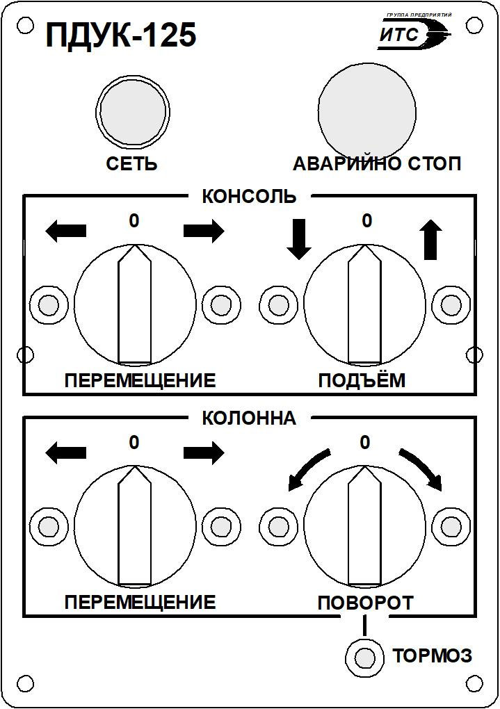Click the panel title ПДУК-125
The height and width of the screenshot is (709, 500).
pyautogui.click(x=121, y=35)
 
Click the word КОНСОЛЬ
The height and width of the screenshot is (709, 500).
pyautogui.click(x=250, y=197)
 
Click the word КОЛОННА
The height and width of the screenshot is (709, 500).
pyautogui.click(x=249, y=418)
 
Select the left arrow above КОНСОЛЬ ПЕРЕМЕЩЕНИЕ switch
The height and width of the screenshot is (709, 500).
pyautogui.click(x=65, y=231)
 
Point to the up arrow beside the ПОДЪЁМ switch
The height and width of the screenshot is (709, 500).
pyautogui.click(x=430, y=240)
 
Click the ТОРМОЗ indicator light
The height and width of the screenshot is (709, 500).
pyautogui.click(x=364, y=658)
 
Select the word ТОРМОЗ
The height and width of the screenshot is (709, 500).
pyautogui.click(x=432, y=655)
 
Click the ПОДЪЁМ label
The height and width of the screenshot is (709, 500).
pyautogui.click(x=362, y=381)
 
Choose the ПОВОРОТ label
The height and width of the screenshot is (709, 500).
pyautogui.click(x=366, y=603)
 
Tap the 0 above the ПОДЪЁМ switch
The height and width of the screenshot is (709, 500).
pyautogui.click(x=367, y=220)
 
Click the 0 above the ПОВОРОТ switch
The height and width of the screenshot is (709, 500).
pyautogui.click(x=365, y=442)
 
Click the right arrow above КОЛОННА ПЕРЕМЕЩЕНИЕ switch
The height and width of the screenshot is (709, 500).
pyautogui.click(x=204, y=453)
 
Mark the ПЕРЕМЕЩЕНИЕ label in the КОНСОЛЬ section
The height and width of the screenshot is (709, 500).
pyautogui.click(x=140, y=381)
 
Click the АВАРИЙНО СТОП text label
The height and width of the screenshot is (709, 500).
pyautogui.click(x=377, y=163)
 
